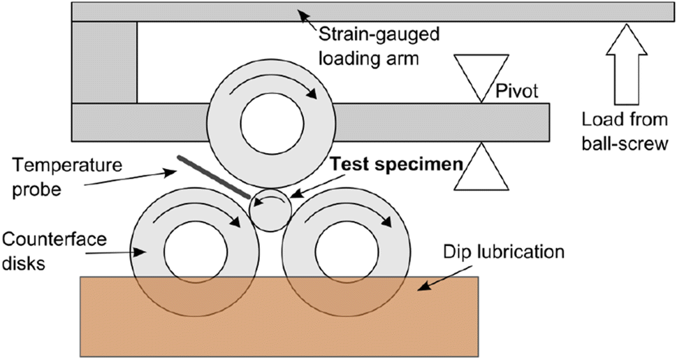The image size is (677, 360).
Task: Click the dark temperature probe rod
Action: pyautogui.click(x=214, y=175)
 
